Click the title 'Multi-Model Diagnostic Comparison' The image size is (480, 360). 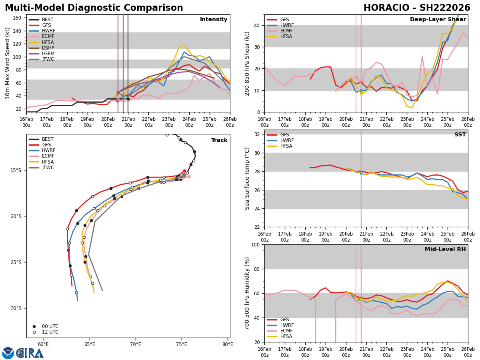(x=94, y=8)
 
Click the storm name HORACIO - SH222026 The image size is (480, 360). (x=417, y=8)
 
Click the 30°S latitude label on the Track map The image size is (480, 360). (x=16, y=308)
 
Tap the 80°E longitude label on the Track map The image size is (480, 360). (x=228, y=344)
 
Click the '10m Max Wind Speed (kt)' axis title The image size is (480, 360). (x=7, y=63)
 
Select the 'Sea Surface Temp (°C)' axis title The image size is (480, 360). (x=248, y=178)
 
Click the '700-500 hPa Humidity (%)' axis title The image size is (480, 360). (x=248, y=293)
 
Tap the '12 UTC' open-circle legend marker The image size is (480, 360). (x=34, y=332)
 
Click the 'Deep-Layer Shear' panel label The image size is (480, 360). (x=438, y=20)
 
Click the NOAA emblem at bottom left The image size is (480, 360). (x=8, y=353)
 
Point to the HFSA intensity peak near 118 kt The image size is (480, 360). (x=184, y=45)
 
